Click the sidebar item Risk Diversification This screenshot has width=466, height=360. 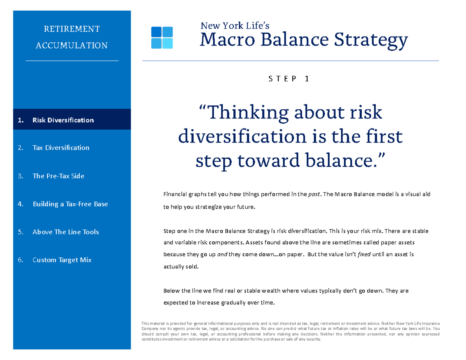63,120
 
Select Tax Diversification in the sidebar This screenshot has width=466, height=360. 61,148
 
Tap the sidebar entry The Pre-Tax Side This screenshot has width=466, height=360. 58,176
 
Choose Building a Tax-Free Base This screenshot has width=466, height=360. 70,204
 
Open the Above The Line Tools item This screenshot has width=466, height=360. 66,232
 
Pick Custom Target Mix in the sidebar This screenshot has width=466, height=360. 62,260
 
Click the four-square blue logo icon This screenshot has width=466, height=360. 162,38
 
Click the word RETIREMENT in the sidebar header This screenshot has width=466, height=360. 71,29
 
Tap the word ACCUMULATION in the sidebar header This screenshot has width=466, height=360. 71,45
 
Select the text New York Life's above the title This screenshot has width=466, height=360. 235,26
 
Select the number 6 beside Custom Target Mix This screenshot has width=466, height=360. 20,260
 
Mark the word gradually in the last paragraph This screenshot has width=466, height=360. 233,303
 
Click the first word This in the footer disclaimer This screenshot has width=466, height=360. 146,323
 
